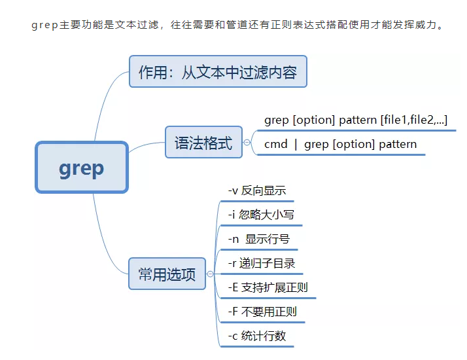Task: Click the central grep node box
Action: [81, 168]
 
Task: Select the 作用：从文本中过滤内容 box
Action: [217, 72]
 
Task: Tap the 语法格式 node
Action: [203, 142]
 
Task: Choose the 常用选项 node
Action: [167, 274]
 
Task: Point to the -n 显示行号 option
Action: [259, 239]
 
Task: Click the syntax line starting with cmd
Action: [340, 145]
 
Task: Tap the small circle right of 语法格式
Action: [247, 142]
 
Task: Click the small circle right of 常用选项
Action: [210, 274]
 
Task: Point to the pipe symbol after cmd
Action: [296, 145]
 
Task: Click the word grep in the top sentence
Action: [45, 27]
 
